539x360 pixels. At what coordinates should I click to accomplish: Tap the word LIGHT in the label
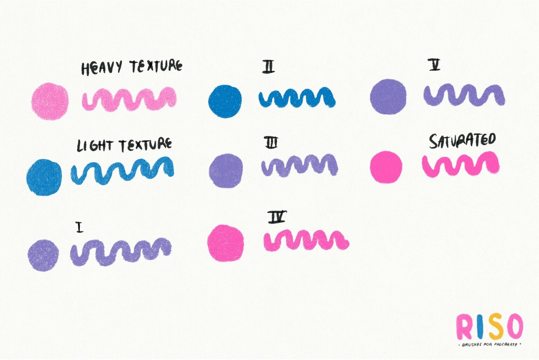click(x=94, y=146)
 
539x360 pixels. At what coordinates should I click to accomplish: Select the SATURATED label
click(x=463, y=141)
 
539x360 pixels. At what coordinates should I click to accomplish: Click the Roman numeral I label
click(x=79, y=227)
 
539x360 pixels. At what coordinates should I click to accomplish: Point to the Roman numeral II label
click(x=268, y=67)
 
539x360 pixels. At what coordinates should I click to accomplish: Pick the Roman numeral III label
click(x=271, y=142)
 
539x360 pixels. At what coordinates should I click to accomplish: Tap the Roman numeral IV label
click(x=277, y=217)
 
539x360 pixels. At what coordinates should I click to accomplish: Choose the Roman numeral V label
click(x=434, y=65)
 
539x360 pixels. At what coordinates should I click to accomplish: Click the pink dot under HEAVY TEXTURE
click(x=50, y=102)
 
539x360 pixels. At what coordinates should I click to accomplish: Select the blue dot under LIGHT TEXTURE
click(x=44, y=177)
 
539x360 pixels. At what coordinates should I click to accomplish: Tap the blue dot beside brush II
click(x=225, y=102)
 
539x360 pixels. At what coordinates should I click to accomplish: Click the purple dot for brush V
click(x=388, y=97)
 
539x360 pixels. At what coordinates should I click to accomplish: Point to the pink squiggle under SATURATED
click(x=460, y=164)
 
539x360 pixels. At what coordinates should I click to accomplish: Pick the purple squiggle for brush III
click(x=300, y=165)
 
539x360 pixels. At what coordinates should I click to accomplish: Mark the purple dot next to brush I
click(x=43, y=255)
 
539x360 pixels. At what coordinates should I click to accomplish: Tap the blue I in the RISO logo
click(x=480, y=327)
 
